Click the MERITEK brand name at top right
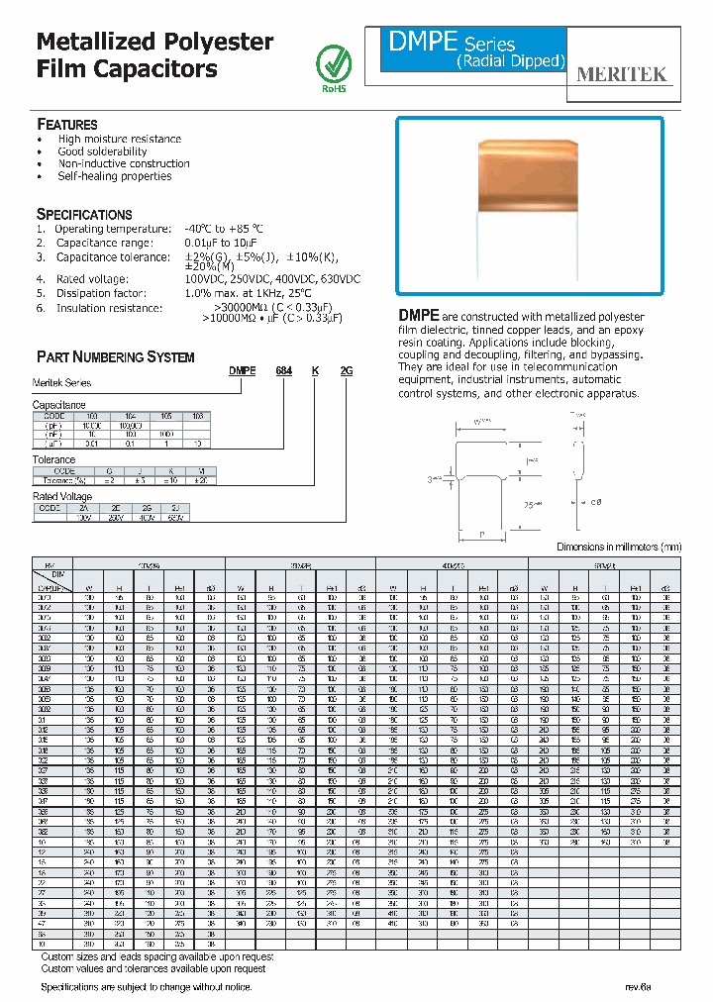(x=622, y=74)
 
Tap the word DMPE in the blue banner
(x=422, y=43)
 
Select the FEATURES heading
(x=67, y=125)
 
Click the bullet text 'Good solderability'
(x=102, y=151)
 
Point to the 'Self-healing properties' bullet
(x=114, y=176)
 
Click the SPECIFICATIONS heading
(x=84, y=215)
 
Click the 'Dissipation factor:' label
(x=101, y=293)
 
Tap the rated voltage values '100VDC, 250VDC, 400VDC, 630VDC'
(x=272, y=280)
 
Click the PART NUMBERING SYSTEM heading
(x=115, y=357)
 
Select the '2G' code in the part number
(x=347, y=369)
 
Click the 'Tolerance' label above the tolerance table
(x=53, y=459)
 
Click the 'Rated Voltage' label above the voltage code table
(x=63, y=496)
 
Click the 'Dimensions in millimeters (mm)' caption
(x=619, y=547)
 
